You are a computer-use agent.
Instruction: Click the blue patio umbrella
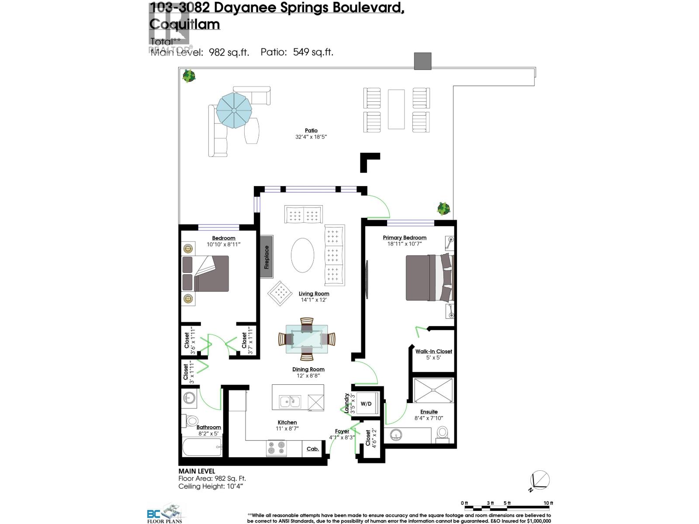pos(234,110)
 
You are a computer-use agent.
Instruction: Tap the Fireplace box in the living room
pos(266,257)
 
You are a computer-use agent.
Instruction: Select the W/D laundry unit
pos(366,403)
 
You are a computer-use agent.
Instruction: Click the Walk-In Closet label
pos(433,351)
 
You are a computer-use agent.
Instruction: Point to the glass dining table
pos(307,339)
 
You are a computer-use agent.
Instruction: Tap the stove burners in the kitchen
pos(276,448)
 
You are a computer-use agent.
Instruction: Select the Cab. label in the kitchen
pos(313,448)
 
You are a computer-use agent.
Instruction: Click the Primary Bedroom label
pos(405,238)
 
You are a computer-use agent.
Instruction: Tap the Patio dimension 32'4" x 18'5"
pos(311,137)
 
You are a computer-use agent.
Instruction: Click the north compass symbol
pos(540,481)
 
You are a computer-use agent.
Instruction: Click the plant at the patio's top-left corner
pos(189,76)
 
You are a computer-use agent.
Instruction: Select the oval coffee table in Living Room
pos(302,255)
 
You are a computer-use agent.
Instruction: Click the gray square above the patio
pos(422,61)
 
